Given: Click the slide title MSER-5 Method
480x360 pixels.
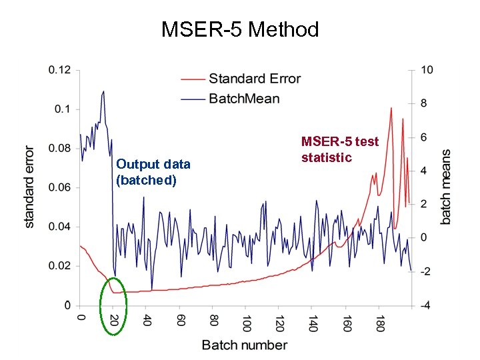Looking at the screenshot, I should tap(240, 29).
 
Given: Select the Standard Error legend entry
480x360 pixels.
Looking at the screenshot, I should tap(254, 79).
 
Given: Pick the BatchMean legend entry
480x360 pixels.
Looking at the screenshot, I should tap(244, 99).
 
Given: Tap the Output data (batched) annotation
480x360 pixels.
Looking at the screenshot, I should tap(153, 171).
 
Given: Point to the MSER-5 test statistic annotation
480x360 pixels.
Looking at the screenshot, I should tap(340, 149).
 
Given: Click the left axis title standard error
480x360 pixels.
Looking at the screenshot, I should tap(30, 187).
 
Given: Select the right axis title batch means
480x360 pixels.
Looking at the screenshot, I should tap(446, 186).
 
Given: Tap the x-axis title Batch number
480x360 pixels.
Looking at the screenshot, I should tap(245, 345).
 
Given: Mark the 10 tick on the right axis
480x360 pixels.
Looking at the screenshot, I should tap(427, 69).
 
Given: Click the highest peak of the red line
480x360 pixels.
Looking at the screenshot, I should tap(391, 107).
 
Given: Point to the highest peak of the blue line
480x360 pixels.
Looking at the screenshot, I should tap(103, 91).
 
